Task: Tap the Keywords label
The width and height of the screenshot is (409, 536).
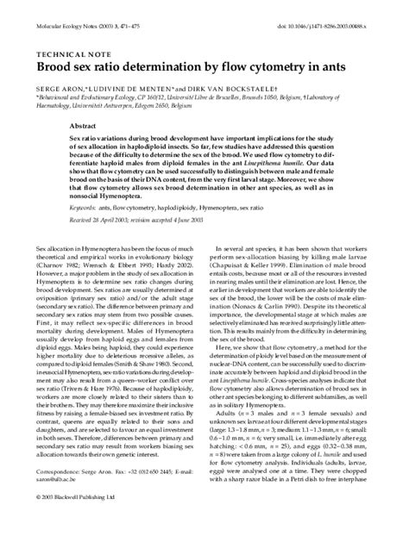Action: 82,208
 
